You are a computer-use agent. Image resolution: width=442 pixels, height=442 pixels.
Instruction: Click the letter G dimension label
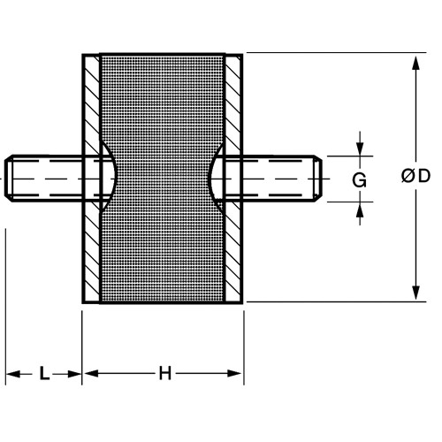coord(360,179)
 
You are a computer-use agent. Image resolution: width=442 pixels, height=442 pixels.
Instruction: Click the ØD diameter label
coord(415,176)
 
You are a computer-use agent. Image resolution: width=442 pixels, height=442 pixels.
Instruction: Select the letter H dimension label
coord(165,373)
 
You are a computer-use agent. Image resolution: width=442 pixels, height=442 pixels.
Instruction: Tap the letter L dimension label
coord(44,373)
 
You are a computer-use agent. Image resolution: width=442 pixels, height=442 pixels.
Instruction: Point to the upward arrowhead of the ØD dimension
coord(415,63)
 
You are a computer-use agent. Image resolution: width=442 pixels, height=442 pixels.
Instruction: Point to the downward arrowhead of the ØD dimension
coord(415,293)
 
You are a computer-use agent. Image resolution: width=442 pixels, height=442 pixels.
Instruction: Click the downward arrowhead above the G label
coord(360,149)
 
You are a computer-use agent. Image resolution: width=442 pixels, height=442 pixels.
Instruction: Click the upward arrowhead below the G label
coord(360,209)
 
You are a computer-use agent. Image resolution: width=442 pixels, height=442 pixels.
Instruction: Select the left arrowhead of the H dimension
coord(91,374)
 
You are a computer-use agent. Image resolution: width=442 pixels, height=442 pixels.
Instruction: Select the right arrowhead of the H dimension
coord(235,374)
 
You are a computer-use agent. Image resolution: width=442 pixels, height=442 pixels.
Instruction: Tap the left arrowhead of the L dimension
coord(13,374)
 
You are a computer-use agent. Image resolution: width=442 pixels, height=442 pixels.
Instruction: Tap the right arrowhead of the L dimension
coord(74,374)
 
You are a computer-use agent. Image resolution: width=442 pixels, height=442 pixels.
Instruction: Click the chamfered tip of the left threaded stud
coord(8,179)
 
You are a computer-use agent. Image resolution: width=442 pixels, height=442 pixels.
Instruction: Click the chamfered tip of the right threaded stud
coord(317,179)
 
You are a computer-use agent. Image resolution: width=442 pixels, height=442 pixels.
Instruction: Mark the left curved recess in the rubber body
coord(110,177)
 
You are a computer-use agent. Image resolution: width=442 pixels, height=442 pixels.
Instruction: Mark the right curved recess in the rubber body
coord(217,177)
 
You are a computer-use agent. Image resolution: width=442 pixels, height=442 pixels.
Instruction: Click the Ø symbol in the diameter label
coord(408,176)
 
